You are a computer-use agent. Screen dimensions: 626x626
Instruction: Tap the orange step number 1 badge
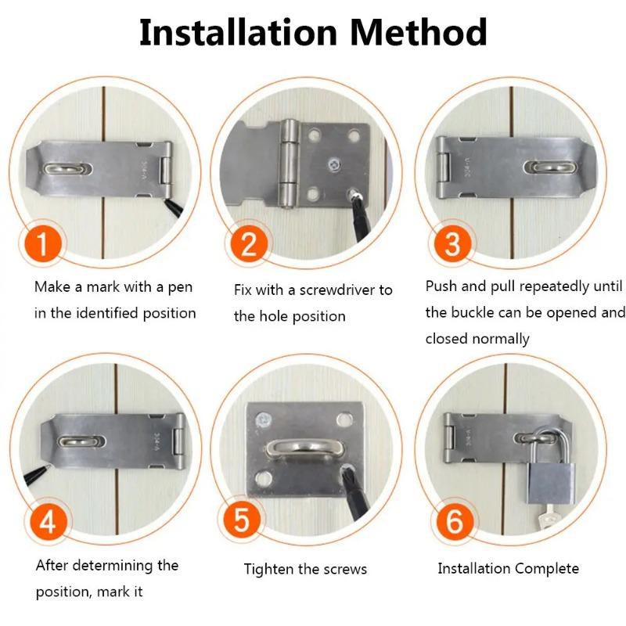(48, 245)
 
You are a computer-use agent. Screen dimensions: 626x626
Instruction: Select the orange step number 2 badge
(248, 245)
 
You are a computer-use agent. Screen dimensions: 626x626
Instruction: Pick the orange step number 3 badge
(452, 245)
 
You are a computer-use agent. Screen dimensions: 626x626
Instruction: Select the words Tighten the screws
(305, 569)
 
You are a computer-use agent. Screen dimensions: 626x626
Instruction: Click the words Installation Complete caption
(508, 568)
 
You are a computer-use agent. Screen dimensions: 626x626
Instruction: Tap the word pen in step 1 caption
(179, 287)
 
